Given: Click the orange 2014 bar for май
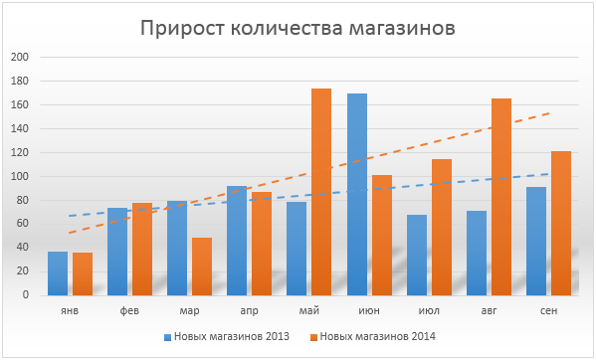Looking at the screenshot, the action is point(321,192).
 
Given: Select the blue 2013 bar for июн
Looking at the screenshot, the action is point(357,195).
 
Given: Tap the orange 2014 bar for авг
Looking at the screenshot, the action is point(501,197).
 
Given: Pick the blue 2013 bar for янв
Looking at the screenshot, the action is point(58,273).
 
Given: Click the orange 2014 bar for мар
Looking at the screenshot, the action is point(202,267).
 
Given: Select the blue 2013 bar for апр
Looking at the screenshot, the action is point(237,241).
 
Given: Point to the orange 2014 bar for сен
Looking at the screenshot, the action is point(561,224).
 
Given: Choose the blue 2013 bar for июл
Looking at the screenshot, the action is point(417,256).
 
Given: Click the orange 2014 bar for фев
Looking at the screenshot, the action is point(142,249).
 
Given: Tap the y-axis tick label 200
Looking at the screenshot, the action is point(20,57).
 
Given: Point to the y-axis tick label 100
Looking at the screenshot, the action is point(20,176).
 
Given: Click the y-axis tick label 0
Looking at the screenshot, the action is point(26,294).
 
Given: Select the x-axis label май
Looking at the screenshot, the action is point(309,310).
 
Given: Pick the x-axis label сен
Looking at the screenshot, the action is point(549,310).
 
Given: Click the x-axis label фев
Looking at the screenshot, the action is point(129,310).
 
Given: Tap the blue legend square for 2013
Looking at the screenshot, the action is point(167,337).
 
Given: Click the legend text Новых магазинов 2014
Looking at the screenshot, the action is point(378,336).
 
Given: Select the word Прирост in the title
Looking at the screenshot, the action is point(182,28).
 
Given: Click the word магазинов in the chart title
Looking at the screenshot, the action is point(403,28).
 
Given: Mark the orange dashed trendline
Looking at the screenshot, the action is point(309,173).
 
